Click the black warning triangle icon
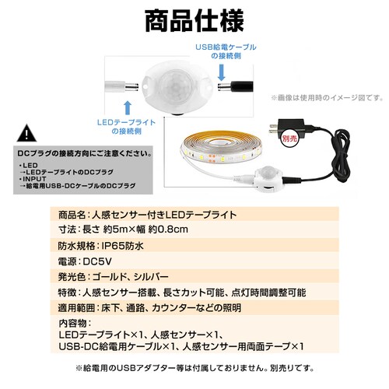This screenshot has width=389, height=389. pos(27,131)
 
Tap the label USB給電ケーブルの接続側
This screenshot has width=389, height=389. pos(223,52)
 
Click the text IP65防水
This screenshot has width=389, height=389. pos(122,245)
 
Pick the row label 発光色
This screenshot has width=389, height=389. pos(74,277)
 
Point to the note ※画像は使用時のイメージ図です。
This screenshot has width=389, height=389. pos(327,98)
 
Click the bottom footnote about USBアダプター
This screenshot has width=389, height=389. pos(194,368)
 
